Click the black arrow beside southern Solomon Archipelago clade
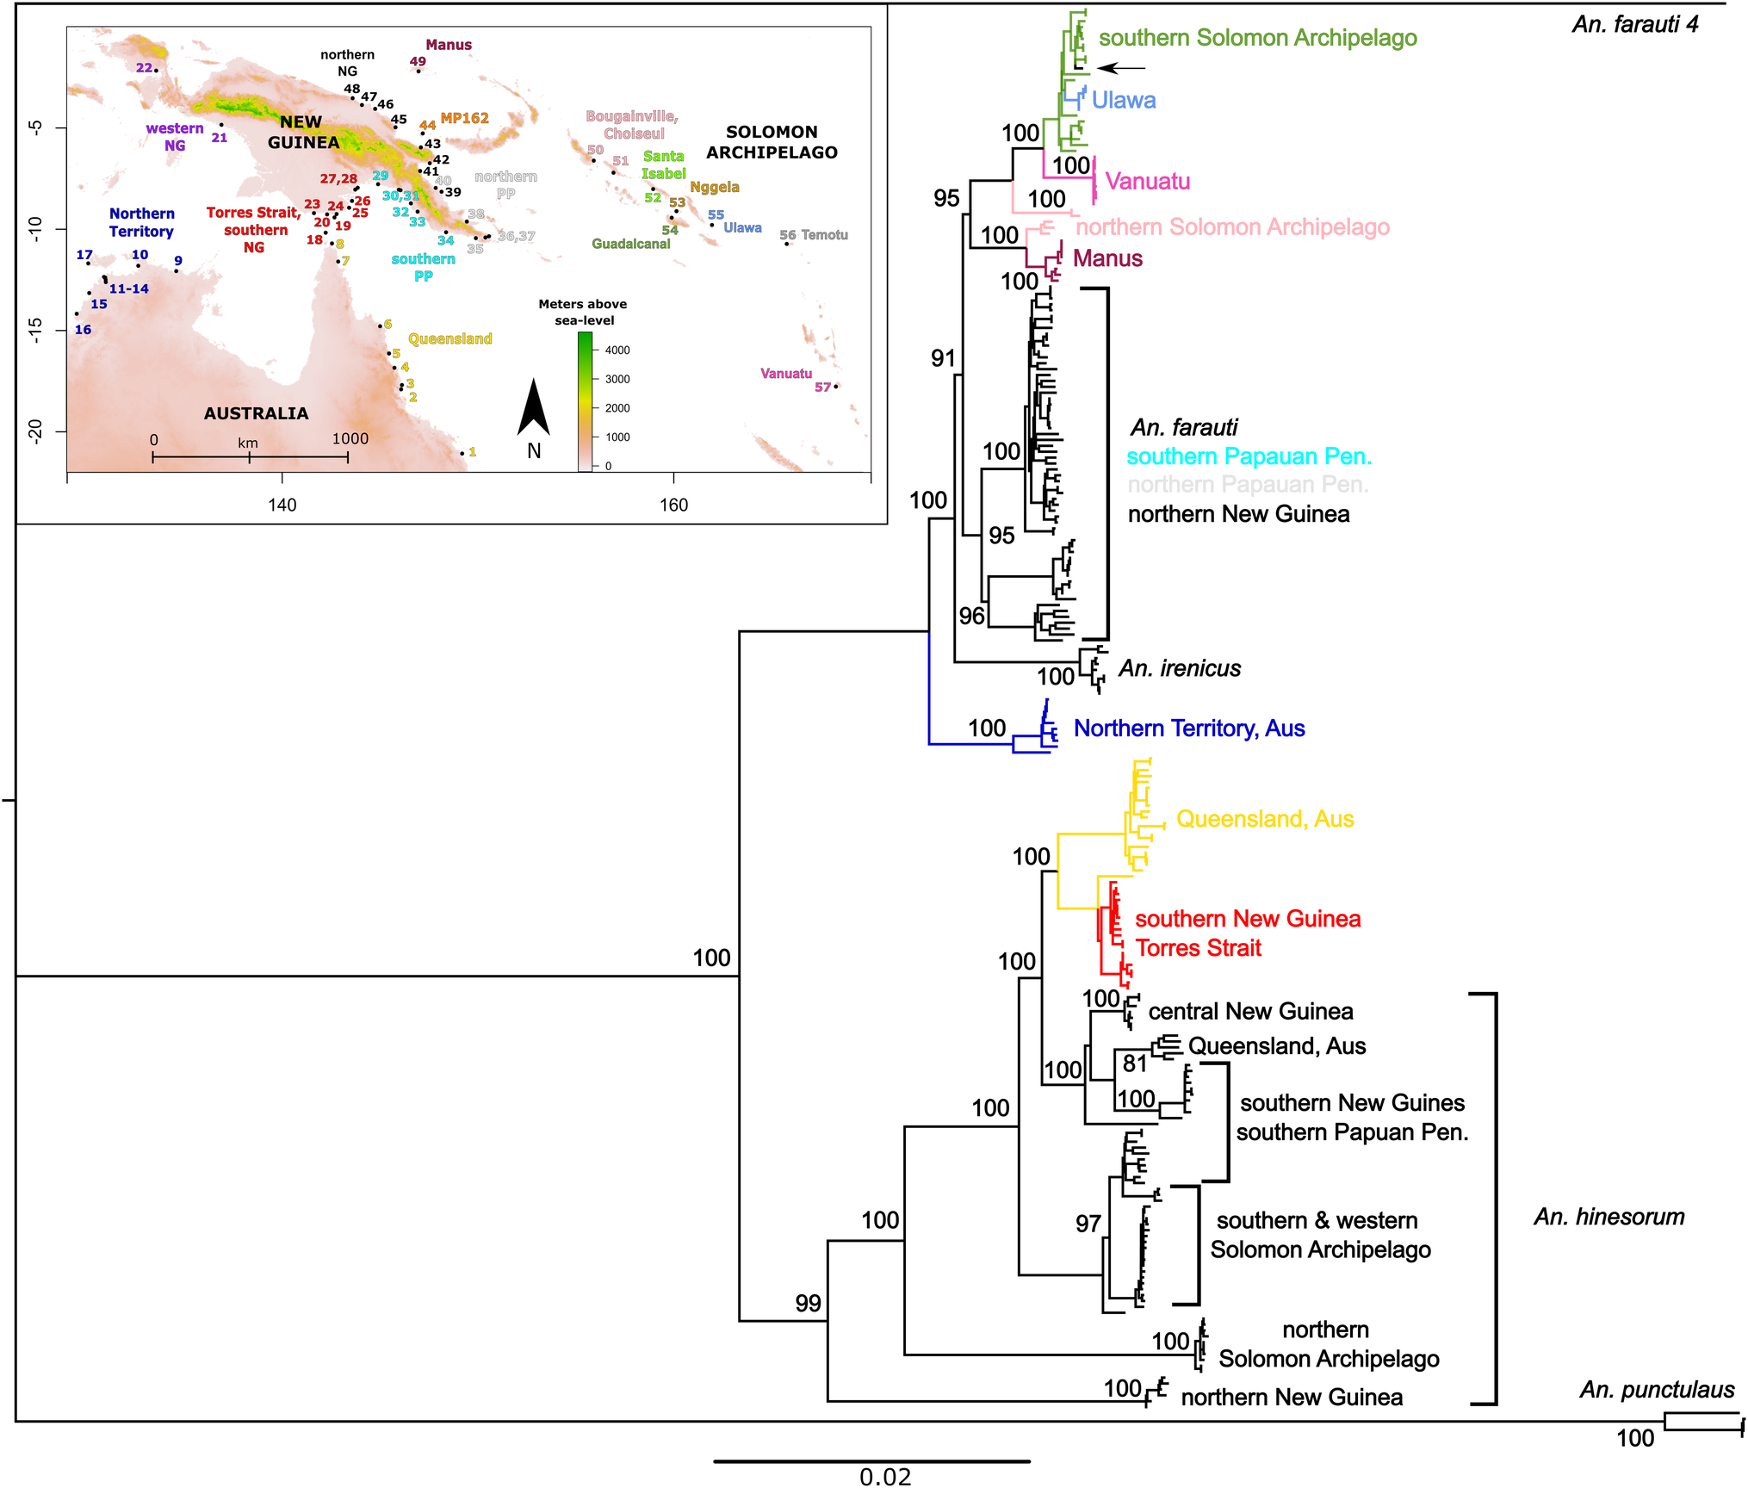pos(1122,68)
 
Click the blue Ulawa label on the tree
pos(1123,101)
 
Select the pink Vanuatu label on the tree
pos(1147,182)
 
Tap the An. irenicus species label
pos(1179,669)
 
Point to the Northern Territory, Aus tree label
pos(1188,729)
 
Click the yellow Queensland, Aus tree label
pos(1264,819)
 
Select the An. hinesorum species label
pos(1609,1217)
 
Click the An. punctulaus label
pos(1656,1390)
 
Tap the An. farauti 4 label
pos(1634,24)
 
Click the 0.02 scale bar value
pos(884,1477)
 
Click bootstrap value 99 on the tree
pos(808,1303)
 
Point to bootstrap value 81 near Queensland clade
pos(1134,1064)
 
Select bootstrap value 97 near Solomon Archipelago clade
pos(1088,1224)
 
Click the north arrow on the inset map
pos(533,409)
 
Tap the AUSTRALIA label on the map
pos(256,413)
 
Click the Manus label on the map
pos(449,45)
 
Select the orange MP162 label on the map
pos(464,118)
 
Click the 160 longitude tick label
pos(673,505)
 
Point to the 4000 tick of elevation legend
pos(617,350)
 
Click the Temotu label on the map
pos(824,235)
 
